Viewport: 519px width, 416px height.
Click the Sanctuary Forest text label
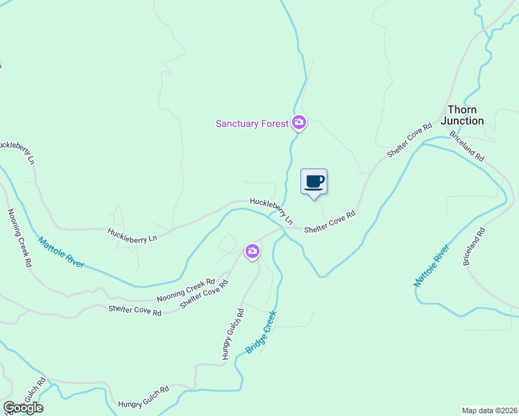(x=251, y=123)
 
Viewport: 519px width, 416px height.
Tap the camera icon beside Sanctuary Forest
(x=299, y=123)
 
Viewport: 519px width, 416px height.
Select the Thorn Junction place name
(x=465, y=115)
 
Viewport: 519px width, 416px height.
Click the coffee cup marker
(x=314, y=182)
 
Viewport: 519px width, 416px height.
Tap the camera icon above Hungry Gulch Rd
(x=253, y=251)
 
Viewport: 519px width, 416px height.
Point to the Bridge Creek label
(x=261, y=332)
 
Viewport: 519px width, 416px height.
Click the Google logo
(x=23, y=408)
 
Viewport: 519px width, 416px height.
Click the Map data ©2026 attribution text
(x=489, y=410)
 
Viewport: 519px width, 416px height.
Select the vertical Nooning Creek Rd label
(x=19, y=238)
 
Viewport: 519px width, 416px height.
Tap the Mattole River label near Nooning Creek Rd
(x=61, y=253)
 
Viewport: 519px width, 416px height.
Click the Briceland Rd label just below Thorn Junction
(x=466, y=146)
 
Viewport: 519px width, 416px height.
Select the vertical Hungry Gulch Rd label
(x=232, y=333)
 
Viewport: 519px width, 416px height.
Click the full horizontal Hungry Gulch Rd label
(x=144, y=398)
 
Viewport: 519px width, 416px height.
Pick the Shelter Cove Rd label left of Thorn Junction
(x=409, y=140)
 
